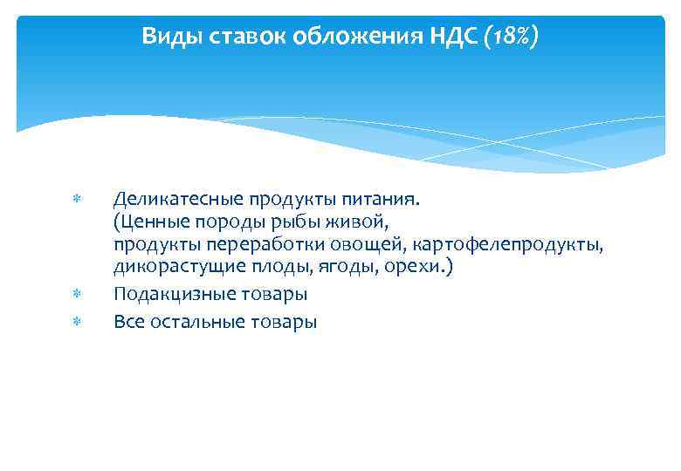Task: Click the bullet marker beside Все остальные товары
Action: (x=76, y=322)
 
